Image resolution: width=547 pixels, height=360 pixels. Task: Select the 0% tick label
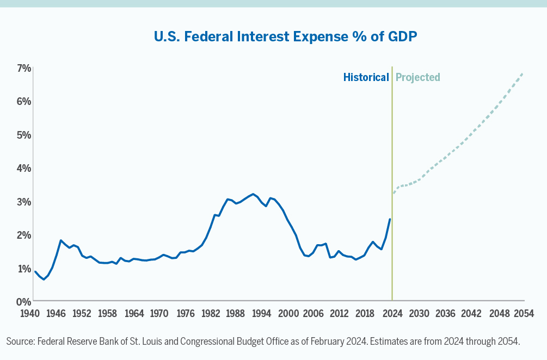23,301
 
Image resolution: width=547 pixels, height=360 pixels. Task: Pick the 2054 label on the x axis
524,314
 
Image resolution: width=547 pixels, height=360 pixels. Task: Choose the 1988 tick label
236,314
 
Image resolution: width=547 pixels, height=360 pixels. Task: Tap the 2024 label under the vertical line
392,314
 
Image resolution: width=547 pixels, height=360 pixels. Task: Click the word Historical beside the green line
366,77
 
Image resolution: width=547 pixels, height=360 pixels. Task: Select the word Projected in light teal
418,77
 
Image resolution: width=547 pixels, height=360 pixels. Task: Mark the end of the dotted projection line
523,73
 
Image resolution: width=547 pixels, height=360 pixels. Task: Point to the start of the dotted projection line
394,193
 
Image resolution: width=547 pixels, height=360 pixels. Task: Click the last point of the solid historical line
390,219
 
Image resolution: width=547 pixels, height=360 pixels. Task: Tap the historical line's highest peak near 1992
253,194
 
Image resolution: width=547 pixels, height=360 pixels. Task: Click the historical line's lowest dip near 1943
44,280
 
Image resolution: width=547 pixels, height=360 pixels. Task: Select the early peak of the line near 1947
60,240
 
